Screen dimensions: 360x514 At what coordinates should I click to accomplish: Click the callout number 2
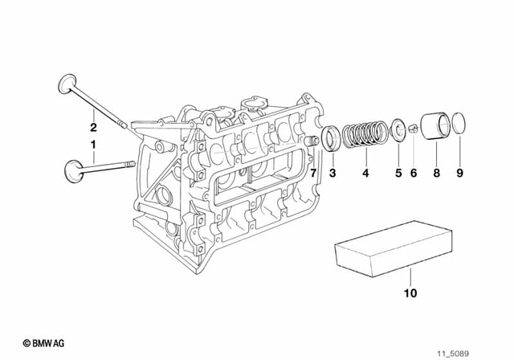93,127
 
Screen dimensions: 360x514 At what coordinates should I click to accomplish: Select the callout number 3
332,172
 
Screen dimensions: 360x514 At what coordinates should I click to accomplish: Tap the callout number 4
366,172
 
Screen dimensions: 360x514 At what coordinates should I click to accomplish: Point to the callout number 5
397,172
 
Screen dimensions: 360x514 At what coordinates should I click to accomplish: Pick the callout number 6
414,172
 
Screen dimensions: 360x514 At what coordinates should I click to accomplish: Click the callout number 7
314,172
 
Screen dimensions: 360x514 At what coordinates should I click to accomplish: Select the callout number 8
436,172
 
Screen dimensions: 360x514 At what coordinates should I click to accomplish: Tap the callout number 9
460,172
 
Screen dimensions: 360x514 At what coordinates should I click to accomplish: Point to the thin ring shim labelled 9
459,124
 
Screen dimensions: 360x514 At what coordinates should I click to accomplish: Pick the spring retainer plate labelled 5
397,129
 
